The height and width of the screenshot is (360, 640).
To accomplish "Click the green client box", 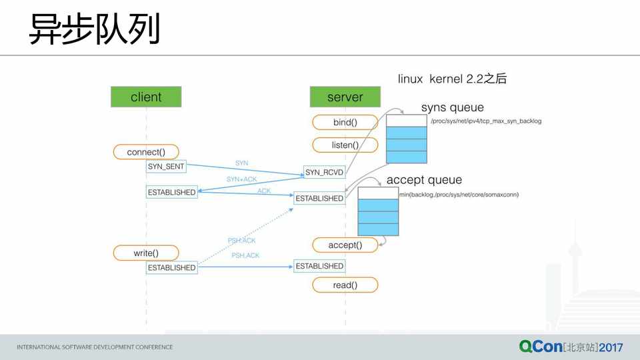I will point(146,97).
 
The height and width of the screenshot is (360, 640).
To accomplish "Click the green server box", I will point(345,97).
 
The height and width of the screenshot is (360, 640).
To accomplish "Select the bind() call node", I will point(345,123).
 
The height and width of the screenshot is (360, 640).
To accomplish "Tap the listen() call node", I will point(345,145).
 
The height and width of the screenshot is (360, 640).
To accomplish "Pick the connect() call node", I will point(146,152).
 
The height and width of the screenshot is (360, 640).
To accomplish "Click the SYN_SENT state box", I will point(166,166).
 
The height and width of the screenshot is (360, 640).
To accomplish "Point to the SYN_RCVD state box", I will point(324,173).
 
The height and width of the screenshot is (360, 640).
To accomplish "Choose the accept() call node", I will point(345,245).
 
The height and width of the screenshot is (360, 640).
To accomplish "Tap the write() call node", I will point(146,253).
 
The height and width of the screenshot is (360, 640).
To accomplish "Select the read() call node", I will point(345,285).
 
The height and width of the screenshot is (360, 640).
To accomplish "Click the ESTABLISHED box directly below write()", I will point(171,267).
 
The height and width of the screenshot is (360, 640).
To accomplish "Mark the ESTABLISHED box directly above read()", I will point(319,266).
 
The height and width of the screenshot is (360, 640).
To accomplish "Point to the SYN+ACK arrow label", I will point(241,179).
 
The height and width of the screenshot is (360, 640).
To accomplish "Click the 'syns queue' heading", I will point(452,107).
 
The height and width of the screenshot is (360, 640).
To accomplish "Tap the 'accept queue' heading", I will point(424,180).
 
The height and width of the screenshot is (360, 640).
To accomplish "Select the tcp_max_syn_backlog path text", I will point(485,121).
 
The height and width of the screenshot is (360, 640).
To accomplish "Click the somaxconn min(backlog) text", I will point(459,195).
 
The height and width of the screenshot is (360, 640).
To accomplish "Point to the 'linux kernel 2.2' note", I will point(452,79).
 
